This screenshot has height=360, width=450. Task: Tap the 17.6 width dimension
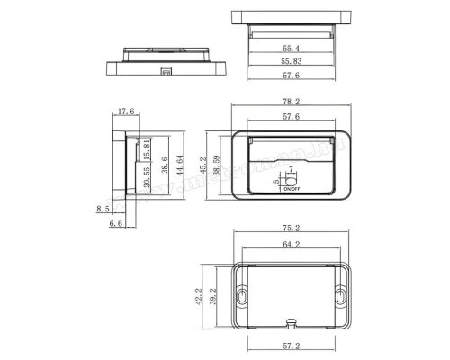[x=124, y=112]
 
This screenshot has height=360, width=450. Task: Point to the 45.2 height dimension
[x=202, y=166]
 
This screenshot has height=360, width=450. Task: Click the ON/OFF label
[x=291, y=190]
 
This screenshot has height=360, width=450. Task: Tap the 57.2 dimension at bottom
[x=290, y=346]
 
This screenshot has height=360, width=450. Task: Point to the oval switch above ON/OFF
[x=291, y=177]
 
